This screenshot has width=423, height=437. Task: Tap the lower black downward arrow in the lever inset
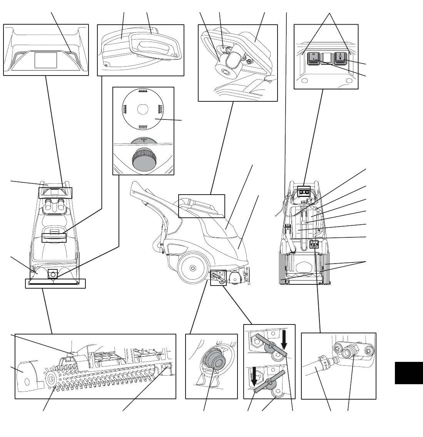[254, 376]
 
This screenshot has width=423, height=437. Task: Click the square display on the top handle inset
[46, 60]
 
